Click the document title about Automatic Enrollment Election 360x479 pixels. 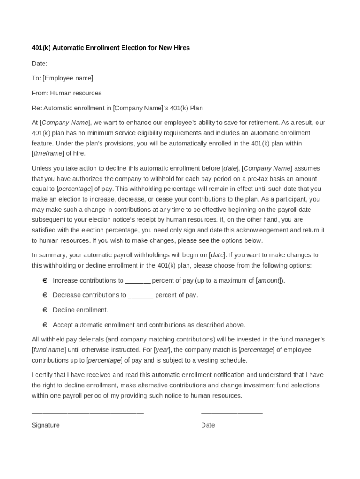(x=110, y=48)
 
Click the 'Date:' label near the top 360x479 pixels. (x=39, y=63)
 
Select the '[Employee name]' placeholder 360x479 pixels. (x=68, y=78)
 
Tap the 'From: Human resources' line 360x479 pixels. (x=66, y=93)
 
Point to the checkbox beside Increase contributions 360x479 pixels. (x=45, y=281)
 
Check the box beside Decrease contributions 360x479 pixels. (x=45, y=295)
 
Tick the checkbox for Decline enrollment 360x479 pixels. (x=45, y=310)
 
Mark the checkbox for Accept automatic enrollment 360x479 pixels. (x=45, y=325)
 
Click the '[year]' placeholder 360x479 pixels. (x=162, y=350)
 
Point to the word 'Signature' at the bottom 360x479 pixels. (x=45, y=425)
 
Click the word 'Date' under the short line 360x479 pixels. (x=208, y=425)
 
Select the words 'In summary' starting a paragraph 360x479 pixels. (x=49, y=255)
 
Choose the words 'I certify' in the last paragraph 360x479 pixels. (x=44, y=375)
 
